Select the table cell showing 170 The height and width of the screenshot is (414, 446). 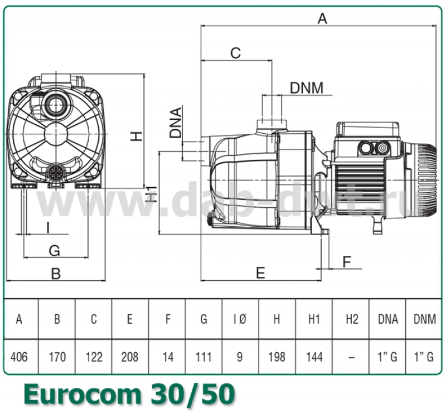(56, 357)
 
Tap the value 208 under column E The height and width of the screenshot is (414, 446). (130, 357)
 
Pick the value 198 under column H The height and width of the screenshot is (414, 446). (277, 357)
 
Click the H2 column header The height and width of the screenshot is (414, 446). (351, 319)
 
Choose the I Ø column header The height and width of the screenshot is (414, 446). (240, 319)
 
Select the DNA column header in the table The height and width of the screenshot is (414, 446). (388, 319)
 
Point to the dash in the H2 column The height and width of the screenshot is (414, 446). (351, 357)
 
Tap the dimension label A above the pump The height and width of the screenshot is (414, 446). (322, 18)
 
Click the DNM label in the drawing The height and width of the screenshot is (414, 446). (307, 87)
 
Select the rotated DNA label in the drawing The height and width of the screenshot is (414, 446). (176, 123)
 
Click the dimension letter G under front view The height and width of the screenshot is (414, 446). (54, 250)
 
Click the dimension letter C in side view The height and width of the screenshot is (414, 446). (236, 53)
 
